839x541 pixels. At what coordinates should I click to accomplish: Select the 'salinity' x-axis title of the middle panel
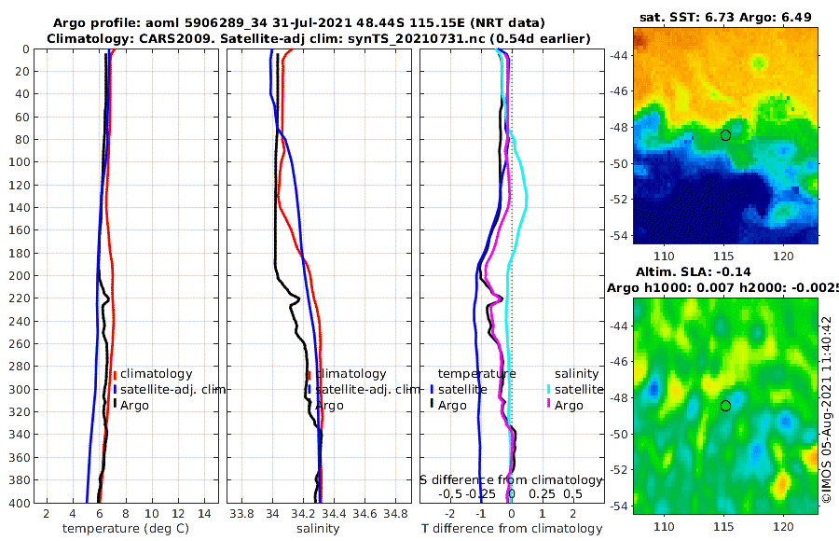pos(318,529)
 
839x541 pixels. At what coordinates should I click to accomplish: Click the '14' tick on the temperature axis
pos(204,513)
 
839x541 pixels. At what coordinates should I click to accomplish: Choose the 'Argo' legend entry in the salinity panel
pos(329,406)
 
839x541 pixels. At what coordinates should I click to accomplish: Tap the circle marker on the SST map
pos(725,134)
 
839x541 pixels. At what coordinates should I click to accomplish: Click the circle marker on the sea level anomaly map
pos(725,406)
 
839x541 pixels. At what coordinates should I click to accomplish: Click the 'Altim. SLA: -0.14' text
pos(725,270)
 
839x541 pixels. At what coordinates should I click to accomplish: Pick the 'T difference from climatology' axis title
pos(511,529)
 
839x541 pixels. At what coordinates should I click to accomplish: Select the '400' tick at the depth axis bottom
pos(20,503)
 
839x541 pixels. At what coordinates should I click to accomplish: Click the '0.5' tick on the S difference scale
pos(573,493)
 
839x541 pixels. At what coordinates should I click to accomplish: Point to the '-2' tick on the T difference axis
pos(450,513)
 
